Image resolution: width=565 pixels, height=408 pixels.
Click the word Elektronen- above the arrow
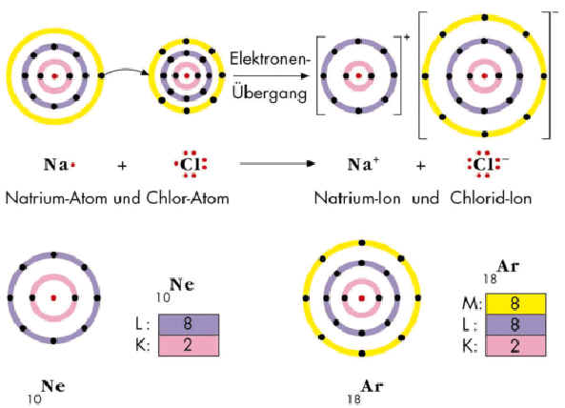(x=270, y=58)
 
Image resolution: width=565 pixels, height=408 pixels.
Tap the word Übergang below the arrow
(x=270, y=93)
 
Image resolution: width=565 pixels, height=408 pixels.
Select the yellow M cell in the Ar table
(x=515, y=303)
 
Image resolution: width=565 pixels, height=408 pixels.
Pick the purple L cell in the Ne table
(x=189, y=324)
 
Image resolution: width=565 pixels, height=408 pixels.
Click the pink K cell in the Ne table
(x=189, y=346)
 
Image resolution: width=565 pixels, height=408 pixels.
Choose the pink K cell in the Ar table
(x=515, y=346)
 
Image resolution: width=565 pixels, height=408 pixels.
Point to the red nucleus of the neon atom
(x=53, y=297)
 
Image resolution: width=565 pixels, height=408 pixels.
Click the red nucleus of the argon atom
(x=362, y=298)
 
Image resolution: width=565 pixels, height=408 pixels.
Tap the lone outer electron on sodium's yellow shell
(x=101, y=75)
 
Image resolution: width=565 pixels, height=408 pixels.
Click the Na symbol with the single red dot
(x=59, y=165)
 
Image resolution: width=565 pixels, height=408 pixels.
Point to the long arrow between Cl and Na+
(x=277, y=164)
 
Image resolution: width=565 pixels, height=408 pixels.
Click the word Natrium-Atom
(x=56, y=198)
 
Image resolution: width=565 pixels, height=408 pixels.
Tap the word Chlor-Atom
(x=188, y=198)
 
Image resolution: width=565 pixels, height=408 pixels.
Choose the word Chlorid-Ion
(x=491, y=198)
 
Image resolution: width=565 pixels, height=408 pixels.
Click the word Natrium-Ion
(x=357, y=198)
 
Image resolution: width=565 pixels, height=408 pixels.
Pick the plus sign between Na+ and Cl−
(x=420, y=166)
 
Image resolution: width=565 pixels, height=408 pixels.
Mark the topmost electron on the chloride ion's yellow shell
(x=485, y=17)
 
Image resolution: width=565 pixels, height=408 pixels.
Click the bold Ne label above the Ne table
(x=182, y=285)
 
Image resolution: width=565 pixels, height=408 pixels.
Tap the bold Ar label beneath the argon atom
(x=373, y=386)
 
